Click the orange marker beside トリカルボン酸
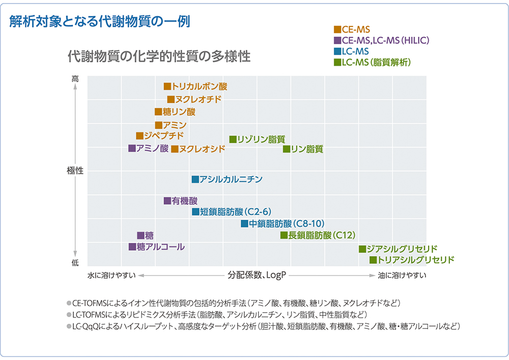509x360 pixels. [x=167, y=87]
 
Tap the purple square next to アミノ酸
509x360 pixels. [x=132, y=148]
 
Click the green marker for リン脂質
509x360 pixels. [x=287, y=149]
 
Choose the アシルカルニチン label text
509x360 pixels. [x=231, y=179]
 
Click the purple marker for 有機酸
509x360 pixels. [x=167, y=201]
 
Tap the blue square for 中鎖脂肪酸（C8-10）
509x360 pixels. [x=244, y=224]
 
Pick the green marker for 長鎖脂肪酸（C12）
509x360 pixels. [x=284, y=235]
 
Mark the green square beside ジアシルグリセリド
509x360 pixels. [x=362, y=249]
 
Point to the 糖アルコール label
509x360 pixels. [x=160, y=247]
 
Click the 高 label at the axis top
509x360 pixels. [x=75, y=79]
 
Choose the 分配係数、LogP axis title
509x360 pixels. [x=257, y=275]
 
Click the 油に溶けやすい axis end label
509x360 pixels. [x=402, y=275]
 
